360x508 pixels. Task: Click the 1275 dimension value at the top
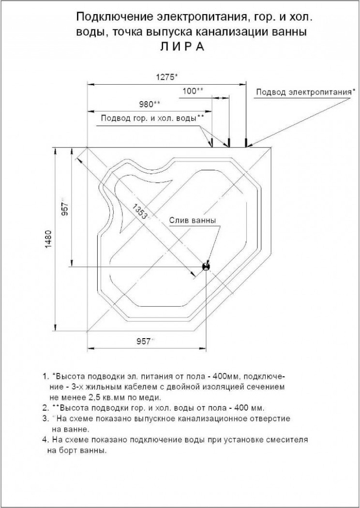click(165, 77)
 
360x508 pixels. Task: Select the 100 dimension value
click(191, 91)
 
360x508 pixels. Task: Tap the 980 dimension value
click(148, 105)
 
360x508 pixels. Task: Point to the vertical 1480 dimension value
click(48, 239)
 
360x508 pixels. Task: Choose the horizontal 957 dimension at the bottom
click(143, 341)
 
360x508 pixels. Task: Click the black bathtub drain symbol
click(206, 266)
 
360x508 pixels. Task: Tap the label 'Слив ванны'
click(193, 221)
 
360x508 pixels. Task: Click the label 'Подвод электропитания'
click(303, 92)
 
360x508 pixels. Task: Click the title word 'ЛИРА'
click(182, 46)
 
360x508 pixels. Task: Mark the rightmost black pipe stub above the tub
click(246, 143)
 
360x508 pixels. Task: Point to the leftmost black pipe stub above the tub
click(212, 143)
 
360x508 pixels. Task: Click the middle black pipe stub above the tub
click(229, 143)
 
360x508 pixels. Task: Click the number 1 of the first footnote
click(45, 377)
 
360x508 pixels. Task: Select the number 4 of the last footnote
click(45, 440)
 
